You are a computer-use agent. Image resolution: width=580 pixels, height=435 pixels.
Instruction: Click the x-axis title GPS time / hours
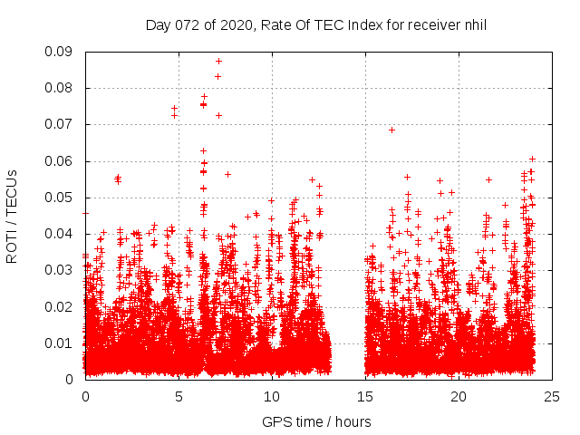click(x=316, y=421)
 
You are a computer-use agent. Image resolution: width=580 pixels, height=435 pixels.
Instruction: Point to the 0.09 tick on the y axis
click(x=59, y=52)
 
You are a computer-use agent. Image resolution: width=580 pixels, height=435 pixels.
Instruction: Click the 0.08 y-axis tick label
click(x=59, y=88)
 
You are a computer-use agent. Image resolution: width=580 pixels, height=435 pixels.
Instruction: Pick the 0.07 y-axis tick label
click(x=59, y=124)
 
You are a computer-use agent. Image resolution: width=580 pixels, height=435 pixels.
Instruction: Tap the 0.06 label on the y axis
click(x=59, y=161)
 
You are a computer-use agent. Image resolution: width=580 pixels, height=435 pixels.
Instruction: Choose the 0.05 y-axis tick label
click(x=59, y=198)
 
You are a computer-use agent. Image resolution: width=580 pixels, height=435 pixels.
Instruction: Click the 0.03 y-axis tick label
click(x=59, y=270)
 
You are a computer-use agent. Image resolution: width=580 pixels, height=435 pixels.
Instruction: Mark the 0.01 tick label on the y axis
click(x=59, y=343)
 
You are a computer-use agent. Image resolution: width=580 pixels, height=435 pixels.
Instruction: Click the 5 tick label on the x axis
click(x=179, y=396)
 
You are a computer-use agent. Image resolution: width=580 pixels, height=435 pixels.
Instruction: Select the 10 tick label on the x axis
click(x=272, y=396)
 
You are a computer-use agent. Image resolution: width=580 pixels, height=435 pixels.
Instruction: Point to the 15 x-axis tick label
click(x=365, y=396)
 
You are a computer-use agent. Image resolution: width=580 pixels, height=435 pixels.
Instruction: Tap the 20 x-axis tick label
click(x=459, y=396)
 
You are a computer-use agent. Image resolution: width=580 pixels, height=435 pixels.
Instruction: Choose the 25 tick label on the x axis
click(x=552, y=396)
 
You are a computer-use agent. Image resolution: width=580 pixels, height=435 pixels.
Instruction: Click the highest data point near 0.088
click(x=218, y=61)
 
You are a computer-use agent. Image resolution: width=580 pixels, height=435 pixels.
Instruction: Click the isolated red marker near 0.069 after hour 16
click(x=391, y=130)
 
